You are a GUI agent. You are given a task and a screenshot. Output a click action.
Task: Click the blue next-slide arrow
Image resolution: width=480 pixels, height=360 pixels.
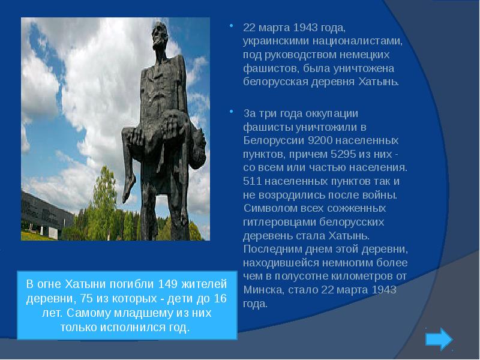439,339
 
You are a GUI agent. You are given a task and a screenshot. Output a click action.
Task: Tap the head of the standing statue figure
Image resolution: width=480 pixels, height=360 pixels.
160,34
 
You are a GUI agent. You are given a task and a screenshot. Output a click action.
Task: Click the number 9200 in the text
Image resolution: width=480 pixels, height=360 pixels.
320,140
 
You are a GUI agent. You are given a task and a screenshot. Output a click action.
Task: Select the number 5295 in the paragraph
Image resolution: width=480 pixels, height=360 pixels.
343,154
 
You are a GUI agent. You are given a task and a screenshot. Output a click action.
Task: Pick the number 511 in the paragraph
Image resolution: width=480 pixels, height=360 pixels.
252,181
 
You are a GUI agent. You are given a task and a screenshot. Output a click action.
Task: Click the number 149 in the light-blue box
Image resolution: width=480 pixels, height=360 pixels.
168,284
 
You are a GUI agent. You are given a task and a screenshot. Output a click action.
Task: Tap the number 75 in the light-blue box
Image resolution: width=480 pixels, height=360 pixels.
86,298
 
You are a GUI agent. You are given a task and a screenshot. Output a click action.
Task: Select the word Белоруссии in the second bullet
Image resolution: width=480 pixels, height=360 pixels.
274,140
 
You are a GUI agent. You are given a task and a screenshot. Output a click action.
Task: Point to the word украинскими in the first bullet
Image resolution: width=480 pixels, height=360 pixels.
276,41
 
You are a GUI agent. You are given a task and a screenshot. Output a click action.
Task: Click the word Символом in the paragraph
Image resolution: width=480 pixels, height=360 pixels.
268,208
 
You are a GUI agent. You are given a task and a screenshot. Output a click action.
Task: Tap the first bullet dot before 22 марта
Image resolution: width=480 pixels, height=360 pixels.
232,26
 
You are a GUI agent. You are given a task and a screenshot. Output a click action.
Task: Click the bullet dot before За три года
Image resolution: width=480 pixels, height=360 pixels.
232,111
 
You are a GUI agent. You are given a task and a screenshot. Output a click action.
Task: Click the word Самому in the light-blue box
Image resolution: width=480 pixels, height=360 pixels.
88,313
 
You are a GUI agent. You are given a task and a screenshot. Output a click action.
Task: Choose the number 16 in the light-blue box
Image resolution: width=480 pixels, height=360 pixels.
220,298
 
